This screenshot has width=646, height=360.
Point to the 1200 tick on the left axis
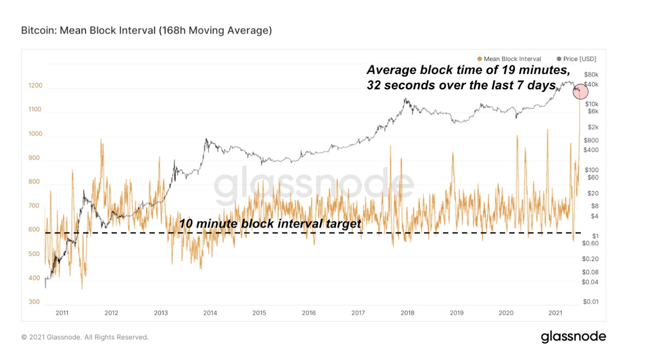35,85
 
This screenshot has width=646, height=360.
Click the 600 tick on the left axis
34,229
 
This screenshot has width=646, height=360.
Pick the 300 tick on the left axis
34,302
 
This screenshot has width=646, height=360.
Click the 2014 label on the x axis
210,313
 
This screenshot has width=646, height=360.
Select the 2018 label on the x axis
407,313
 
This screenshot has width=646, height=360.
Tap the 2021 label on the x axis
555,313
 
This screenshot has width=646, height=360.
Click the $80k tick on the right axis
591,75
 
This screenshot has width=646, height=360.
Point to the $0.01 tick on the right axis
591,302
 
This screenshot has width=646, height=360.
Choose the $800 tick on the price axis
591,140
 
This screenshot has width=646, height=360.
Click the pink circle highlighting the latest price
580,92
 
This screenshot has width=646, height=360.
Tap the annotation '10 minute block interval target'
270,223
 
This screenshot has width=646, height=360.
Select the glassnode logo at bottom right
573,337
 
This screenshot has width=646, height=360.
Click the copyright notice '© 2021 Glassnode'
85,337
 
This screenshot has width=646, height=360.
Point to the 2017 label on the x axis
358,313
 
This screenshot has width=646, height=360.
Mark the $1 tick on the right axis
595,236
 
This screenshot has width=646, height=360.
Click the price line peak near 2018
405,99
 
